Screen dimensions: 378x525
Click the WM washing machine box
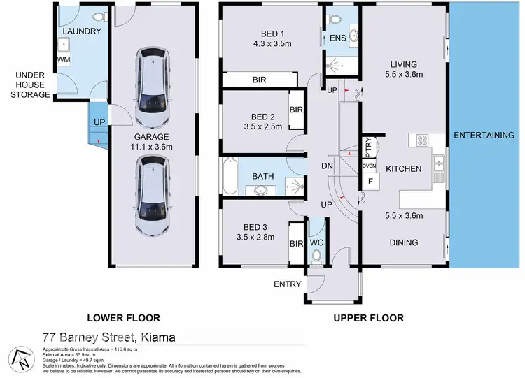63,61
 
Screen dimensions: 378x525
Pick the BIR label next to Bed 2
296,110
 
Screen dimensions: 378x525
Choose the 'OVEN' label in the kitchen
369,166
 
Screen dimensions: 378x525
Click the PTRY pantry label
368,149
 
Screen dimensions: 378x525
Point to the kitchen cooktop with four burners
423,140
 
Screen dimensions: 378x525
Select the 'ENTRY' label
287,284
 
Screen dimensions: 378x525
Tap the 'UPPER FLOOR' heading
368,318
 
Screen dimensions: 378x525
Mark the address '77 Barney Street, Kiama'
108,337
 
